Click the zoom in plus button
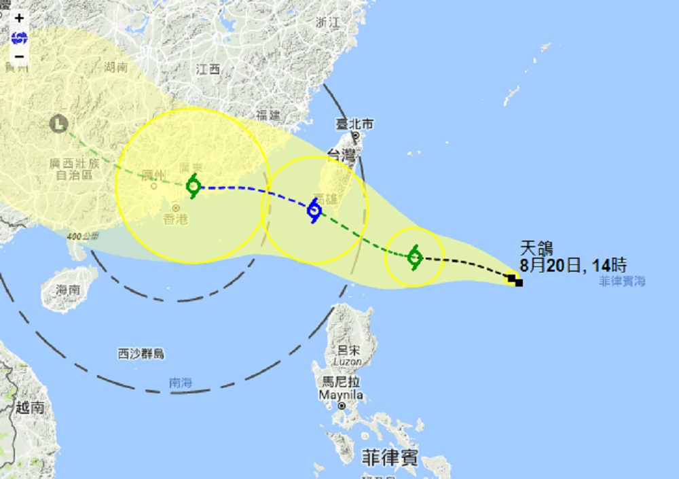(x=19, y=18)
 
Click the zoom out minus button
(x=19, y=56)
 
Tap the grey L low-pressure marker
(x=59, y=124)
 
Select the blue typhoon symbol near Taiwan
(x=314, y=211)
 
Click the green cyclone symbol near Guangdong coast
(x=194, y=185)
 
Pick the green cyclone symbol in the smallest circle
(x=415, y=258)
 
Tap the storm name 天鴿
(x=533, y=248)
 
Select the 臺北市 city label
(x=355, y=124)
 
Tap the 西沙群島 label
(x=141, y=353)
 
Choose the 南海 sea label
(x=180, y=383)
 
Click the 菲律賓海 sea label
(x=622, y=281)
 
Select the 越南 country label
(x=30, y=408)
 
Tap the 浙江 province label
(x=327, y=22)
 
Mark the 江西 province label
(x=208, y=69)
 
